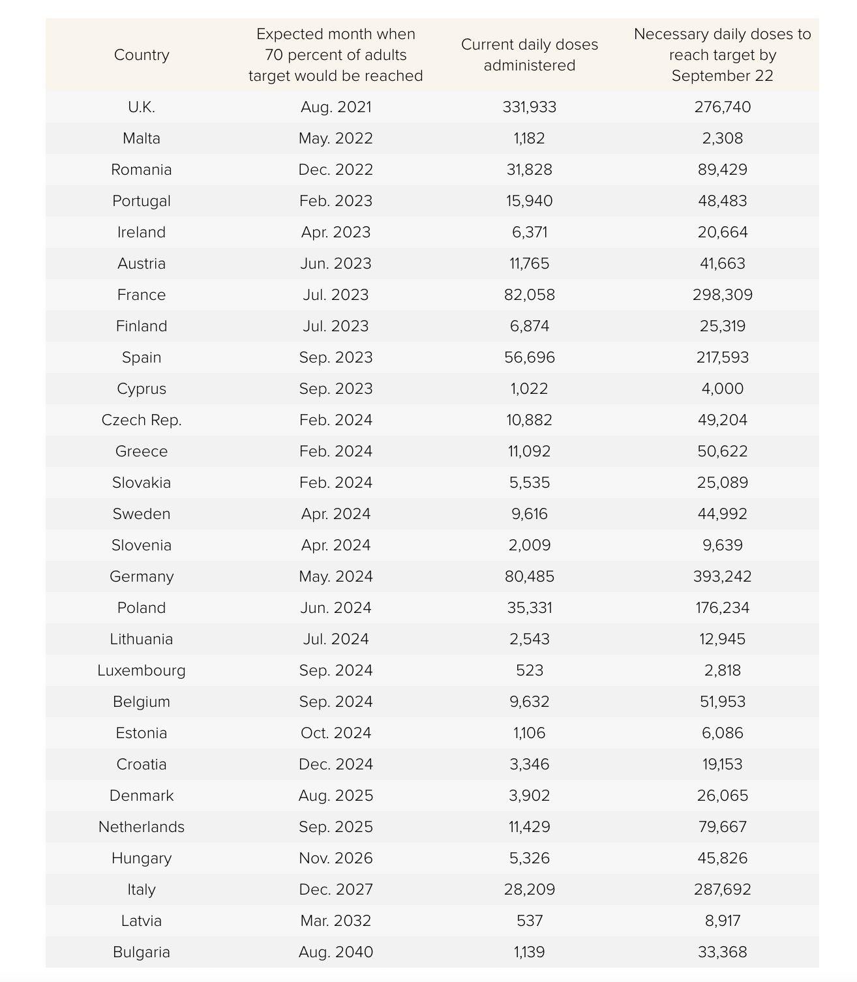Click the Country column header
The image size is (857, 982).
click(142, 55)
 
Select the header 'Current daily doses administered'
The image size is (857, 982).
click(529, 55)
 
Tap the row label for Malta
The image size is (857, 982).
click(142, 138)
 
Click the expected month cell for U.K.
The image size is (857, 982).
click(335, 107)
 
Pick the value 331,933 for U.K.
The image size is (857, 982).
click(529, 107)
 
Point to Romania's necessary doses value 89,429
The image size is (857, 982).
click(722, 170)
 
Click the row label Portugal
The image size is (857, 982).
click(142, 201)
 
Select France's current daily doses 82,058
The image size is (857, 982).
click(529, 295)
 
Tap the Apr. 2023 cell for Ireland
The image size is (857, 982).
click(335, 232)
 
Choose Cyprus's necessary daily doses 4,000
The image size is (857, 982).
click(722, 389)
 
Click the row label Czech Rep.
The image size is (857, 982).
click(142, 420)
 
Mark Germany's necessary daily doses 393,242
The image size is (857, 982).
click(722, 576)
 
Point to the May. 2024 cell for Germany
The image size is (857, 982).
click(335, 576)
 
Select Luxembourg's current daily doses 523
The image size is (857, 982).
click(529, 670)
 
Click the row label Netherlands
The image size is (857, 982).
click(142, 827)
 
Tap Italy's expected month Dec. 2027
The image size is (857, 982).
click(335, 889)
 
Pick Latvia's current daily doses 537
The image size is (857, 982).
click(529, 921)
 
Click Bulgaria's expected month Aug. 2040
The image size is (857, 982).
click(335, 952)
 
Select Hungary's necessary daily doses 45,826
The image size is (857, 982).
click(722, 858)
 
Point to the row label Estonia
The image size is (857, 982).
click(142, 733)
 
